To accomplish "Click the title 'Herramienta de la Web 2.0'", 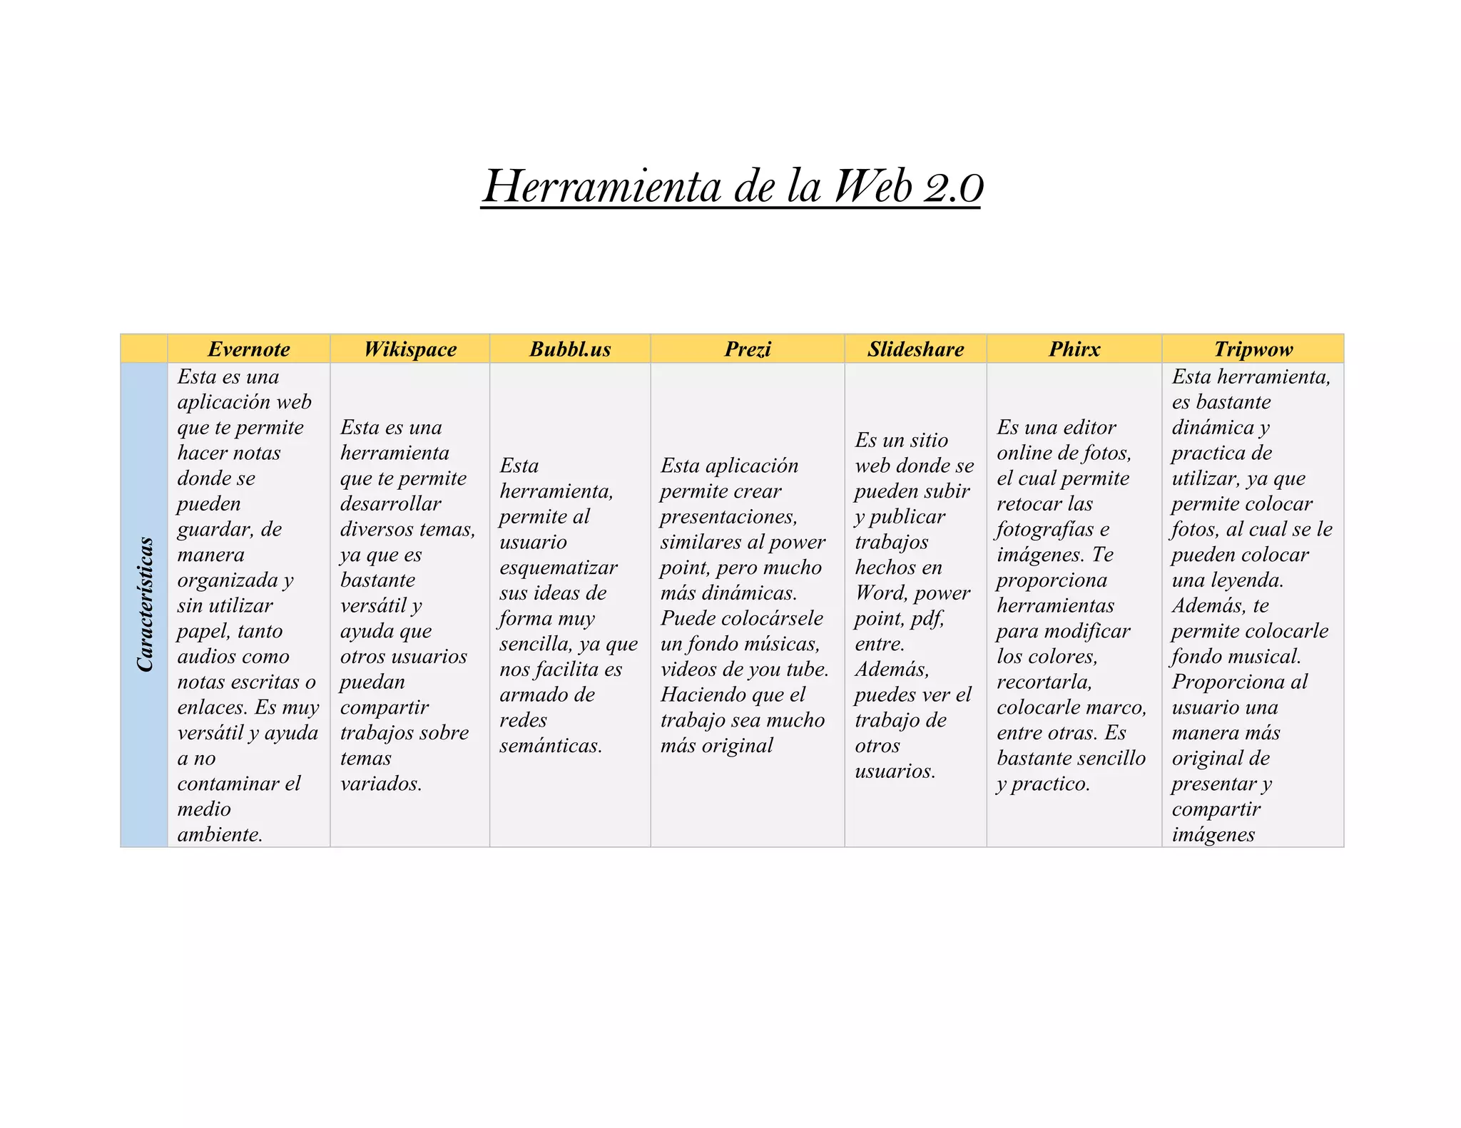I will tap(732, 187).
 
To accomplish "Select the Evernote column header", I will tap(248, 349).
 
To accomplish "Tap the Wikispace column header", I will tap(409, 349).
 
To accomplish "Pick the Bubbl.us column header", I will tap(570, 349).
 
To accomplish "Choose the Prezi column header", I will tap(748, 349).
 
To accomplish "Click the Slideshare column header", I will tap(915, 349).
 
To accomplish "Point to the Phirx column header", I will tap(1074, 349).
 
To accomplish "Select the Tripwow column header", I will tap(1253, 349).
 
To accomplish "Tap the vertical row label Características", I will tap(145, 605).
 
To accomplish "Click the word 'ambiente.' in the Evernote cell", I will tap(220, 835).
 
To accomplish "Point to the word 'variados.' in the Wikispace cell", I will tap(381, 784).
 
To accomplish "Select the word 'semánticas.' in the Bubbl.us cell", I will tap(551, 746).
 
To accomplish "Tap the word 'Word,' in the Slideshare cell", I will tap(882, 593).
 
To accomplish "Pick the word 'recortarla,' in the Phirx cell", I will tap(1044, 682).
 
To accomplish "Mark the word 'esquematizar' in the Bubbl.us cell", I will tap(559, 568).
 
